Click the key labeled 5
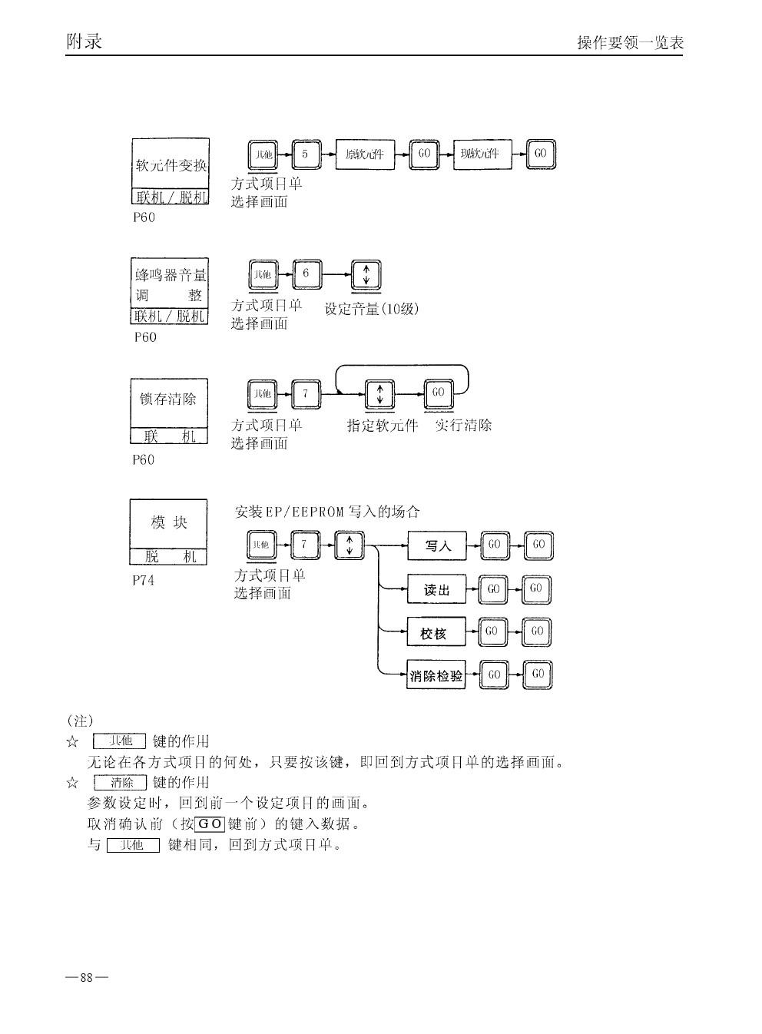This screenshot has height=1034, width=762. point(305,154)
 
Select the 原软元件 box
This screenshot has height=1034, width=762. point(365,154)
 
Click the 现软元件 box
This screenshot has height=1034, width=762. point(481,154)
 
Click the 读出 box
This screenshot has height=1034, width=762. point(436,590)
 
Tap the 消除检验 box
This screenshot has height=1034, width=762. point(436,676)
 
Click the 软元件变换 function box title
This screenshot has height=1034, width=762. point(171,165)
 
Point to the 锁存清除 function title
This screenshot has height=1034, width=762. point(168,399)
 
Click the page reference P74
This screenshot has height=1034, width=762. point(143,581)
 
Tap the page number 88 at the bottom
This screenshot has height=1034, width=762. point(86,978)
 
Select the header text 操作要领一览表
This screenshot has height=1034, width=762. point(630,43)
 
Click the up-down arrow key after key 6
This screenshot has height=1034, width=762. point(366,275)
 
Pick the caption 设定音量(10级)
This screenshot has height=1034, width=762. point(372,310)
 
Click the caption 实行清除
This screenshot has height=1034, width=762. point(463,425)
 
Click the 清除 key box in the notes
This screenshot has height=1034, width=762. point(120,783)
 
